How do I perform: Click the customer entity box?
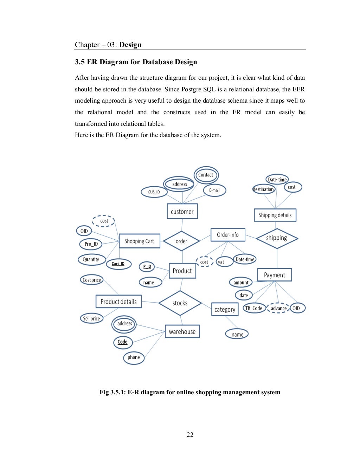182,212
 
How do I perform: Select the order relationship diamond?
181,241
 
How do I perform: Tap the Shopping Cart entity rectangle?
139,241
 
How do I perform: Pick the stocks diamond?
180,303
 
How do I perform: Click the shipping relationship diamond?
277,238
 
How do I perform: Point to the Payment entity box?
274,275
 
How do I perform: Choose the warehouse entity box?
182,331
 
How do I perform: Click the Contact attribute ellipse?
206,175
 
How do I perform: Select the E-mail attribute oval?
214,190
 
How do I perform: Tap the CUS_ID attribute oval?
154,192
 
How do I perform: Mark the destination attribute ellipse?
264,189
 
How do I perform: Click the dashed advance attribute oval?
278,308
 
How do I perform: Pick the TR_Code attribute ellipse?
254,308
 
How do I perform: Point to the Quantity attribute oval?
91,259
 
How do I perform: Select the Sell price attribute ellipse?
91,318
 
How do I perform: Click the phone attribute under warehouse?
134,357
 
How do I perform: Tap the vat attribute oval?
224,262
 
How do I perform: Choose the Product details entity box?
118,302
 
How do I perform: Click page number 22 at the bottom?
190,435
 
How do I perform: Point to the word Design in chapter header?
130,45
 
